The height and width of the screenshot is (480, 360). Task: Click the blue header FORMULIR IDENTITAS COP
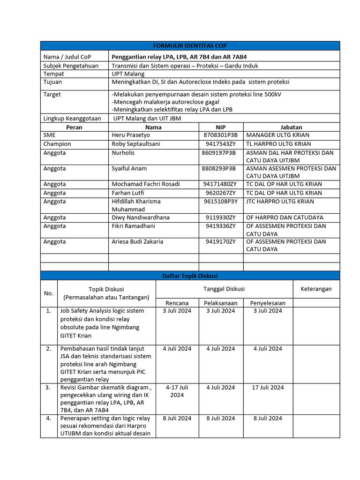click(x=190, y=45)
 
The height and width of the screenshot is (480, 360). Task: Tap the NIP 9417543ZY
click(x=220, y=144)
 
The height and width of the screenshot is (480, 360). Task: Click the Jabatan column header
click(x=291, y=127)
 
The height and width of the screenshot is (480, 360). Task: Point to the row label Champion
click(x=57, y=144)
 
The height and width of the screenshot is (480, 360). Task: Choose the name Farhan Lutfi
click(x=128, y=193)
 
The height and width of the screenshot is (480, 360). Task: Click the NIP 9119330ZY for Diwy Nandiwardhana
click(x=220, y=217)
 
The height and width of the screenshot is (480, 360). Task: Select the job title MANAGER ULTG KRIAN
click(x=275, y=135)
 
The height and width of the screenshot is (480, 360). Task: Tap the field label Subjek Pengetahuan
click(x=71, y=66)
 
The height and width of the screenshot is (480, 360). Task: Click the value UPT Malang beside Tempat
click(x=128, y=74)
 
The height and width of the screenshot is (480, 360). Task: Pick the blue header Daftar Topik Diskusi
click(x=190, y=276)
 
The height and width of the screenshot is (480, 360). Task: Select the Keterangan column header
click(x=316, y=289)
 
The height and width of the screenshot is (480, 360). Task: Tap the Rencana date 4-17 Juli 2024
click(x=177, y=391)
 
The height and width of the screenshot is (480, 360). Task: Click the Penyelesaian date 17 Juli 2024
click(x=268, y=388)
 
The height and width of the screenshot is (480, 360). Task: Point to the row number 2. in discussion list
click(x=49, y=349)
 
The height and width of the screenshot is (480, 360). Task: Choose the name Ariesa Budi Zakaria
click(x=137, y=242)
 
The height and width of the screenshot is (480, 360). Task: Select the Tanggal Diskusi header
click(x=224, y=289)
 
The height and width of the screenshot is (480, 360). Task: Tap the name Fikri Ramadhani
click(x=133, y=226)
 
